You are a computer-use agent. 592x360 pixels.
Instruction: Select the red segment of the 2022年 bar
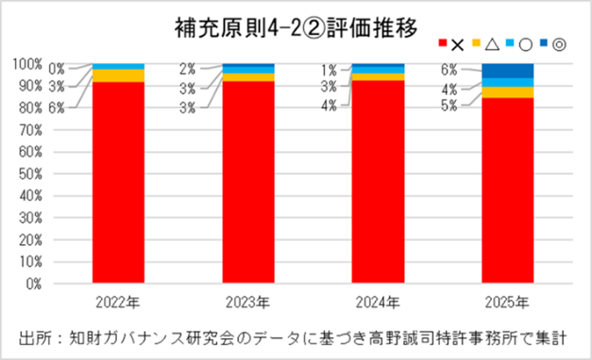coord(118,182)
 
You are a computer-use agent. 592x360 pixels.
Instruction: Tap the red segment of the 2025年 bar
coord(507,190)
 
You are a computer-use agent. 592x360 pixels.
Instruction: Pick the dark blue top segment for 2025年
coord(507,71)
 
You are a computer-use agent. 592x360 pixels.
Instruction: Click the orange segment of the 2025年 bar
coord(507,92)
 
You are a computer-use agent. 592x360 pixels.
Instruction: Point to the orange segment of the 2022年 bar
coord(118,75)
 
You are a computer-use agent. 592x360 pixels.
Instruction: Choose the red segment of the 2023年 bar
coord(248,182)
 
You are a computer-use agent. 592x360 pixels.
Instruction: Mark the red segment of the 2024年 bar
coord(378,182)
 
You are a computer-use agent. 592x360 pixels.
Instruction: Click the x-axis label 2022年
coord(118,302)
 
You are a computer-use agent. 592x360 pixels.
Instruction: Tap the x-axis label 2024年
coord(378,302)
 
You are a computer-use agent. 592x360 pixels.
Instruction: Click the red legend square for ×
coord(443,44)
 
